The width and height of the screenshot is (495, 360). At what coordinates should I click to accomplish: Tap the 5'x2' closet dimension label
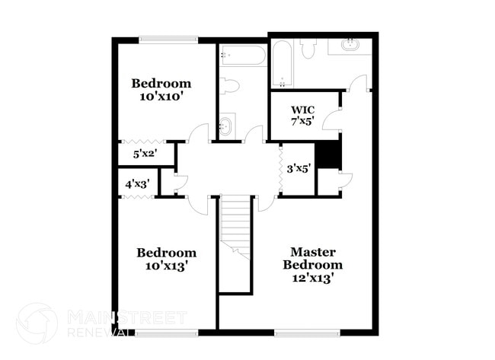pos(144,154)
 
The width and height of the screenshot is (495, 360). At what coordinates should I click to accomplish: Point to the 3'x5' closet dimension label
pos(298,169)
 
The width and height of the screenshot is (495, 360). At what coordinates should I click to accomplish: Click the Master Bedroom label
pos(312,258)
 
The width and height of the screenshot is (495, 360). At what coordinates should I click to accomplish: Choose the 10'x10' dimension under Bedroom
pos(161,97)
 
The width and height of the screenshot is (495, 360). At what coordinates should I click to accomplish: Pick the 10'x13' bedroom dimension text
pos(166,266)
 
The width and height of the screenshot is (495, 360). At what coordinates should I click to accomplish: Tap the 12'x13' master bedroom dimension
pos(312,279)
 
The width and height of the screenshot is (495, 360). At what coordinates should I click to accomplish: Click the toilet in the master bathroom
pos(308,49)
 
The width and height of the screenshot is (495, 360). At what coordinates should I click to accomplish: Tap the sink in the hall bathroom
pos(226,126)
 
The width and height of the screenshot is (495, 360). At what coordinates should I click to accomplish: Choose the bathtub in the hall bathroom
pos(242,55)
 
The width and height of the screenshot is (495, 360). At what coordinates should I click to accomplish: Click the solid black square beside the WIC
pos(327,154)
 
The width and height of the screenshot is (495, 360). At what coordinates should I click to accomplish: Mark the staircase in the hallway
pos(235,228)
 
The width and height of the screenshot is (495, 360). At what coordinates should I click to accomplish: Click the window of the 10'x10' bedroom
pos(168,40)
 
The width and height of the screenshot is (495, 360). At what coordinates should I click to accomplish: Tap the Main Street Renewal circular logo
pos(37,323)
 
